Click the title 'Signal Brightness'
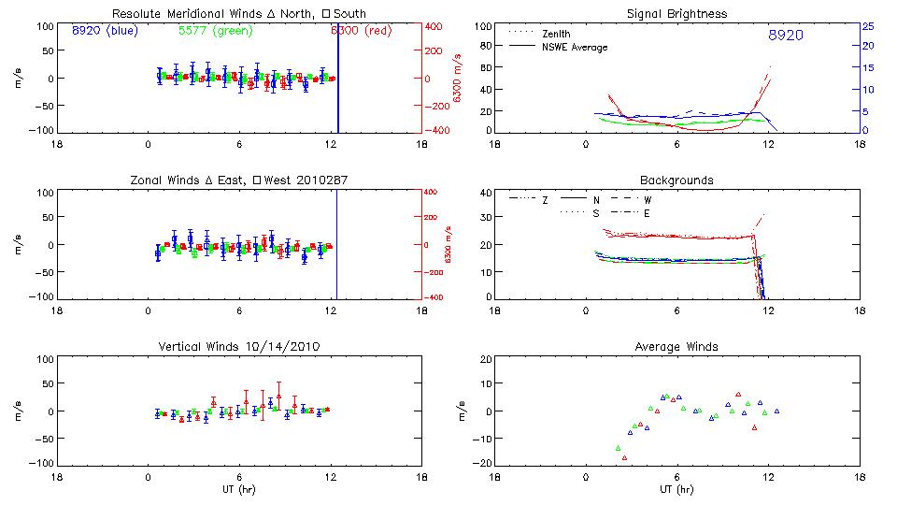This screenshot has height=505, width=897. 676,13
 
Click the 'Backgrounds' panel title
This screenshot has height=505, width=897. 676,180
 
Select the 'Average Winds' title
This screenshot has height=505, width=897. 676,346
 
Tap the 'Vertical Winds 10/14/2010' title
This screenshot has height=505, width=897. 239,347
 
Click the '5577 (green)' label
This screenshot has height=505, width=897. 212,30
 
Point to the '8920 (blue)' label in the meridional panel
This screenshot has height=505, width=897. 104,30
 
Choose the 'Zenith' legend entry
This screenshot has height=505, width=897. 555,34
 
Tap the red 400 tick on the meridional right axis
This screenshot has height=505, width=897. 435,26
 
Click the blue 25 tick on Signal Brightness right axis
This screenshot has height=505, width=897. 867,26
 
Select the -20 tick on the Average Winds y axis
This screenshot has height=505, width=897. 482,463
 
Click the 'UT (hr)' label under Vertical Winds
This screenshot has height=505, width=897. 239,489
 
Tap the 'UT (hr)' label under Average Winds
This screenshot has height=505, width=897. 676,489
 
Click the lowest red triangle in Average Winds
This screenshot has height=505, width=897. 624,457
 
